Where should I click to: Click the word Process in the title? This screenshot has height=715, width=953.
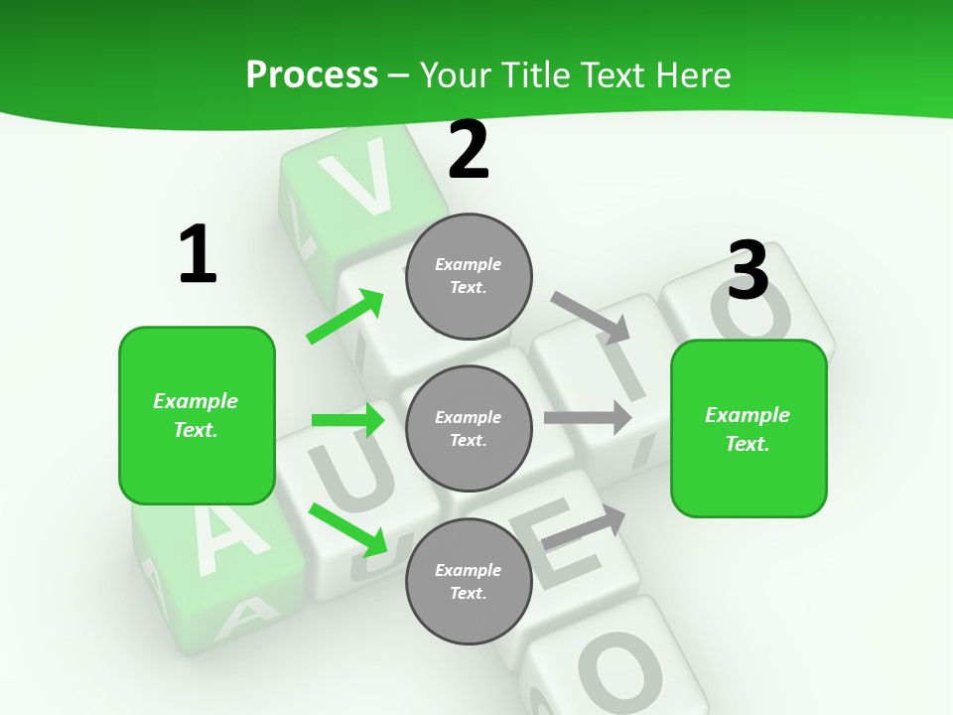point(312,75)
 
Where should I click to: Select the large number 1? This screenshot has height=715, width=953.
point(198,255)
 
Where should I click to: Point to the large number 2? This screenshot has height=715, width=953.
point(469,150)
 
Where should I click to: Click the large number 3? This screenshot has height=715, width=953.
point(748,271)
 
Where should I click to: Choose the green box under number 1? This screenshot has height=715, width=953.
point(197,415)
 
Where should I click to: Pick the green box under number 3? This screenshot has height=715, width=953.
point(749,428)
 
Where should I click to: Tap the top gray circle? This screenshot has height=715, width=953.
point(469,276)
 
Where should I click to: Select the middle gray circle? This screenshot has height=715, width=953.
point(469,428)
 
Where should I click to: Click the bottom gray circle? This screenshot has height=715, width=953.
point(469,581)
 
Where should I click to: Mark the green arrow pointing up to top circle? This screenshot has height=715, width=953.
point(345,316)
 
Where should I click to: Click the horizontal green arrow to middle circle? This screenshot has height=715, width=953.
point(347,420)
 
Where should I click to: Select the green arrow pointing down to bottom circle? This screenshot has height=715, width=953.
point(348,529)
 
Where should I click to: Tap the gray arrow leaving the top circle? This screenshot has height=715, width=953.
point(592,315)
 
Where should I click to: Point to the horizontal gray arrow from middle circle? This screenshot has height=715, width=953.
point(588,417)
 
